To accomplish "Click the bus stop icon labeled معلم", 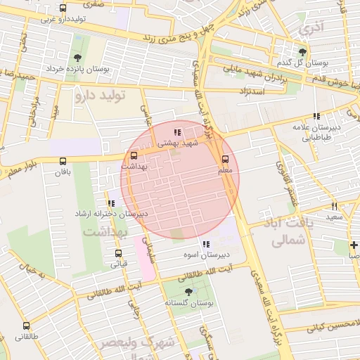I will [225, 160].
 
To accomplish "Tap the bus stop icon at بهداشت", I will [134, 155].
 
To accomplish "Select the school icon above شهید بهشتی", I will [177, 131].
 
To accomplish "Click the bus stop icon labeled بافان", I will [64, 160].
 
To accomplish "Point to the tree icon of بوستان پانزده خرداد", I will [77, 58].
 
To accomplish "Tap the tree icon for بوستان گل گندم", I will [302, 52].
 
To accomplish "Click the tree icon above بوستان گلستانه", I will [188, 291].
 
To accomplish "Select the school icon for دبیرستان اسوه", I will [205, 244].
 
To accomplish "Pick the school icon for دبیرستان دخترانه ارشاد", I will [111, 203].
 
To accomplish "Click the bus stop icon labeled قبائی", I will [118, 254].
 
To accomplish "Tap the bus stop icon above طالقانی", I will [27, 326].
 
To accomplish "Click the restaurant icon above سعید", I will [334, 207].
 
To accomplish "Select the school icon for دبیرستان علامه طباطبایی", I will [317, 116].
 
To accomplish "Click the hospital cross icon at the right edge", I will [354, 245].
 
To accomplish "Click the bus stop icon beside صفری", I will [63, 8].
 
